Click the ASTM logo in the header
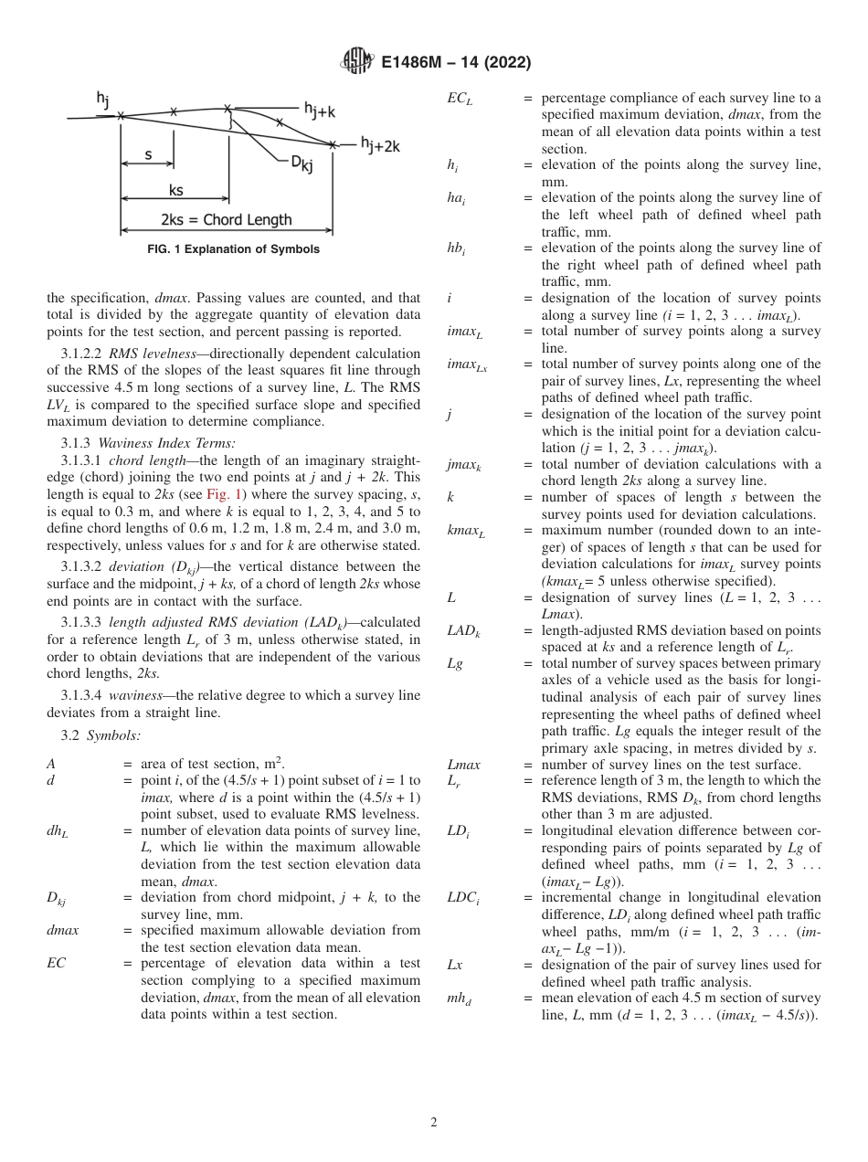(357, 61)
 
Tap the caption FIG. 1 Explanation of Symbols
(234, 249)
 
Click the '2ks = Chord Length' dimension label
(227, 219)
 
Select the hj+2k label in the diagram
(379, 144)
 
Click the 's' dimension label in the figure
(149, 154)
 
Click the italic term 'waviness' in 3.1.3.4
(139, 697)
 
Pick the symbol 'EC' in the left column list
(56, 963)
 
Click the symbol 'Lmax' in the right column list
(463, 765)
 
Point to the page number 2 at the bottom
(434, 1123)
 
